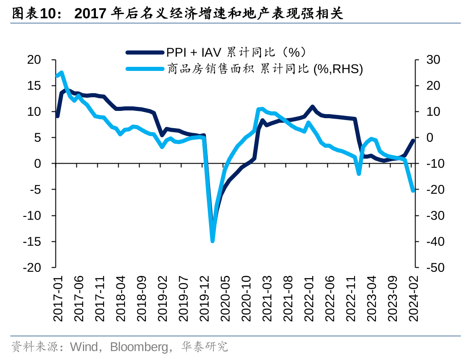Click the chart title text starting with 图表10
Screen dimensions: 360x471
coord(177,14)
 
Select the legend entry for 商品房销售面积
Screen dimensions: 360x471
coord(264,69)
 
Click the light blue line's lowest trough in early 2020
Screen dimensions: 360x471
coord(212,240)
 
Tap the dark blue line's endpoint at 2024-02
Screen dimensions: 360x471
coord(413,140)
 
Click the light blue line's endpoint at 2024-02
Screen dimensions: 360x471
coord(413,190)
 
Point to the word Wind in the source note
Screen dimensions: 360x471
coord(84,347)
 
